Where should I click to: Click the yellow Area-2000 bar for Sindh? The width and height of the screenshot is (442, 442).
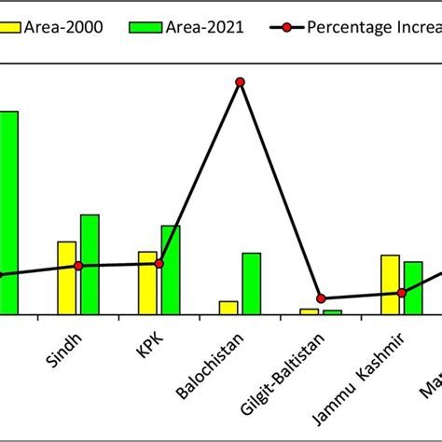click(x=66, y=278)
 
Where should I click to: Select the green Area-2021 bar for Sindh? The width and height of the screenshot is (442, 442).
click(x=90, y=265)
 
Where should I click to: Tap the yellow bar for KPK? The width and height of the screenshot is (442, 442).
click(x=147, y=283)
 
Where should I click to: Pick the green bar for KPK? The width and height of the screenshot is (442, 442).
click(x=171, y=269)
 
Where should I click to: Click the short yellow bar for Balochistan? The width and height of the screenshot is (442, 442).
click(x=228, y=307)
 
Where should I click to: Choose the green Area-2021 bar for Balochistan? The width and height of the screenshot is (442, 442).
click(x=252, y=283)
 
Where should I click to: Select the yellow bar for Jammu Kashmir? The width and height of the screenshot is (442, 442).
click(x=390, y=284)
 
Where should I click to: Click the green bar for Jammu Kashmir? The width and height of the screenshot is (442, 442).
click(x=413, y=288)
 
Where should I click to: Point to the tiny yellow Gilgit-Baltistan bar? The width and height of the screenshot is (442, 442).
click(x=309, y=311)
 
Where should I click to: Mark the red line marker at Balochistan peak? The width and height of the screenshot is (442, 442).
click(x=240, y=82)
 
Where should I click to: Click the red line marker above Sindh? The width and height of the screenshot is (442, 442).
click(x=78, y=266)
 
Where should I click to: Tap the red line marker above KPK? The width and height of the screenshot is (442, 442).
click(x=159, y=264)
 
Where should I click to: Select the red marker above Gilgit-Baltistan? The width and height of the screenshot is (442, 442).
click(x=321, y=298)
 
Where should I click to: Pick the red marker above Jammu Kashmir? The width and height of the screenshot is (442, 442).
click(x=402, y=293)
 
